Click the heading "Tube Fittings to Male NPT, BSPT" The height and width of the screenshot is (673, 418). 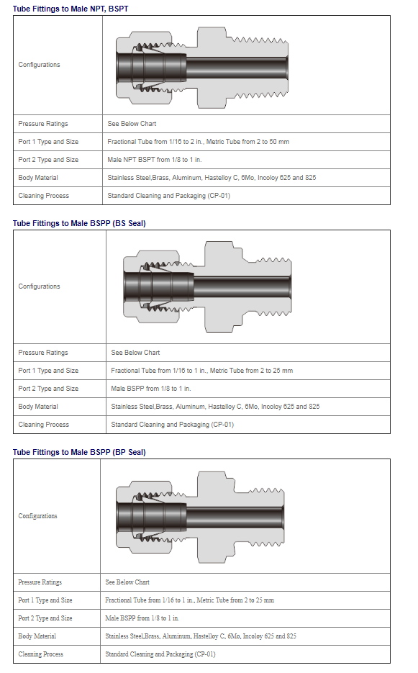[71, 9]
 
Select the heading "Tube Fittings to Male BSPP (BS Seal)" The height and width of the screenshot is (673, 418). [79, 223]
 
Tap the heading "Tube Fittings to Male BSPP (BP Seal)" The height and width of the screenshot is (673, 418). [79, 452]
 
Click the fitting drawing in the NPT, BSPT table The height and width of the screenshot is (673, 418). [202, 68]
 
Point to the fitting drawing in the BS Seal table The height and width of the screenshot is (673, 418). [207, 286]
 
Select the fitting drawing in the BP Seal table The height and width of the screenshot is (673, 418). [201, 515]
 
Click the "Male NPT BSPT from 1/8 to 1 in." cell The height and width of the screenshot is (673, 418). [155, 160]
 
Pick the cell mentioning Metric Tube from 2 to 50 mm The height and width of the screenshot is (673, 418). [199, 142]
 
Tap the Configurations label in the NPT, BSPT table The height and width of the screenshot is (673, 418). [39, 65]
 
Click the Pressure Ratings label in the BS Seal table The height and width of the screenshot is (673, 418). [43, 353]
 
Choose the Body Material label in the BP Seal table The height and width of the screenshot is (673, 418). [37, 636]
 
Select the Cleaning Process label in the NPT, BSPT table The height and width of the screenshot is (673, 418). [43, 196]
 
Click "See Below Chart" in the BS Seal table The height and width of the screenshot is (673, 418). [135, 353]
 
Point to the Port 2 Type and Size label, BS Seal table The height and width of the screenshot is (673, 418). [48, 389]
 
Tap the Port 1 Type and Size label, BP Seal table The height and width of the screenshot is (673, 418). [45, 600]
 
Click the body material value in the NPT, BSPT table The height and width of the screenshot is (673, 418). [212, 178]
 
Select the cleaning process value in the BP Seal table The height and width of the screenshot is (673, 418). [160, 654]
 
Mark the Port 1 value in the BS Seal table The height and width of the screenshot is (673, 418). [201, 371]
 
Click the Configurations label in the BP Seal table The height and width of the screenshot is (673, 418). [37, 516]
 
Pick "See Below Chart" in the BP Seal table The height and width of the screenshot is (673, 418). [127, 582]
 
